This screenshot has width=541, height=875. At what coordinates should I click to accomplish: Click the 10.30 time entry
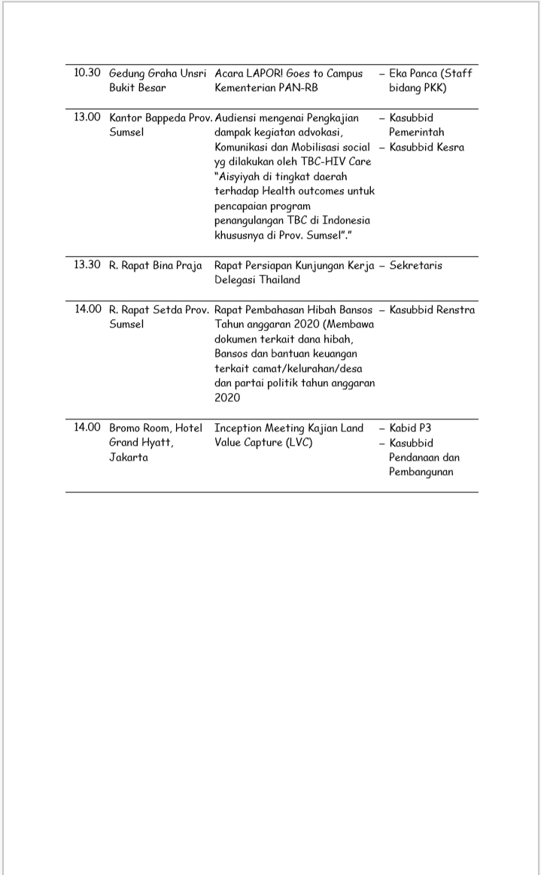[x=87, y=73]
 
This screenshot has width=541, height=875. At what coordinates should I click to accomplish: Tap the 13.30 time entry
[x=87, y=265]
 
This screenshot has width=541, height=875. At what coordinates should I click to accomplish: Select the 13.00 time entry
[x=87, y=117]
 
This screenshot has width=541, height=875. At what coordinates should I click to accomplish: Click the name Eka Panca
[x=413, y=74]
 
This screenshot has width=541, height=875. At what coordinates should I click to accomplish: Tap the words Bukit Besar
[x=138, y=88]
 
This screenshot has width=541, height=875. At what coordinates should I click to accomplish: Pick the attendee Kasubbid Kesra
[x=427, y=147]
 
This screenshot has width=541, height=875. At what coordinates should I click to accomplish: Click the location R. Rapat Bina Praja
[x=156, y=266]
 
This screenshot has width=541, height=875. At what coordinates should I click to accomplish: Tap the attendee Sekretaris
[x=415, y=266]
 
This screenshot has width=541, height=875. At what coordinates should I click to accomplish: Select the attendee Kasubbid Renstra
[x=432, y=309]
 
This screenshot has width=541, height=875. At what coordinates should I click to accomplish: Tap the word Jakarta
[x=129, y=457]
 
